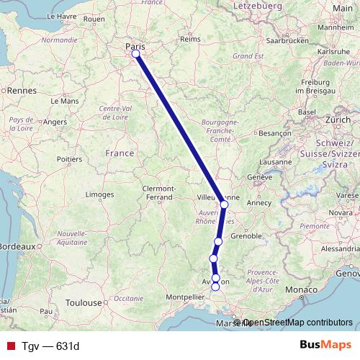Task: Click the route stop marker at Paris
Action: [135, 53]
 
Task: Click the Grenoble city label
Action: [247, 235]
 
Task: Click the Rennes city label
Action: [21, 91]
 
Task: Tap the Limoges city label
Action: [100, 194]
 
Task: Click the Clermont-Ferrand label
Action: [158, 192]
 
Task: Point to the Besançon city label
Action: [274, 133]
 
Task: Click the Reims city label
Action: [189, 40]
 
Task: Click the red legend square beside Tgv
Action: [10, 346]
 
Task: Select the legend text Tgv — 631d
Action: [49, 346]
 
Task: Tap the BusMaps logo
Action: [325, 346]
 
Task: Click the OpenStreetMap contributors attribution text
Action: [297, 323]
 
